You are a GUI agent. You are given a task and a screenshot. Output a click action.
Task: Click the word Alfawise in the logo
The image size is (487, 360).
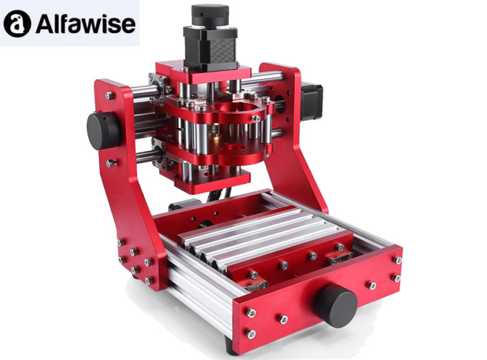tap(85, 23)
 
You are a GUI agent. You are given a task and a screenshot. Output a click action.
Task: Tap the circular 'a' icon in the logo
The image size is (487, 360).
tap(18, 23)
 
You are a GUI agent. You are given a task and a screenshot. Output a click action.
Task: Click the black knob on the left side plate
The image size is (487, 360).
tap(102, 131)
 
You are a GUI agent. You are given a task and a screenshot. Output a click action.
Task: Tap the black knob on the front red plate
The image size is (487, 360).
tap(334, 305)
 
